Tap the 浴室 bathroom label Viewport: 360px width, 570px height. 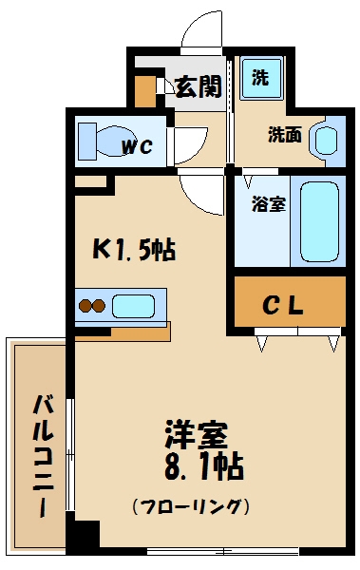point(269,204)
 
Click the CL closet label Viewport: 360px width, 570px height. point(283,306)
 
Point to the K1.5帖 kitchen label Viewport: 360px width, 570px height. point(132,251)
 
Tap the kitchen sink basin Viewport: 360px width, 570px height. point(133,306)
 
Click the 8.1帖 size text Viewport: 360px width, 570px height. point(201,467)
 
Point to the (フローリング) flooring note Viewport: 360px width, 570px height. point(191,505)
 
